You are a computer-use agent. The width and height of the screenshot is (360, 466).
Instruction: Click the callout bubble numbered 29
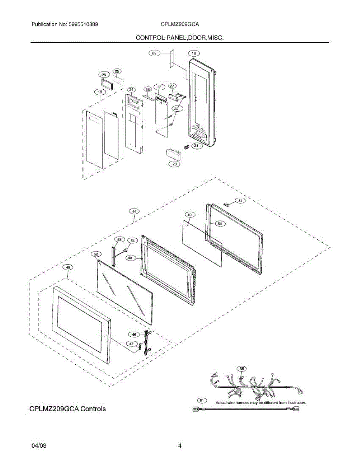pyautogui.click(x=154, y=53)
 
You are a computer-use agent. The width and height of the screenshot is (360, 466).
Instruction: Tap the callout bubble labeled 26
pyautogui.click(x=103, y=75)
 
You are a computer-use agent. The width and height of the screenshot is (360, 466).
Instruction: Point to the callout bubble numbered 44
pyautogui.click(x=134, y=211)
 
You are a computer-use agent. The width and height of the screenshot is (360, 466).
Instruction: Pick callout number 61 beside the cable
pyautogui.click(x=201, y=400)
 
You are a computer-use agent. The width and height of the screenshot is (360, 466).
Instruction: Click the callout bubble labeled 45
pyautogui.click(x=68, y=267)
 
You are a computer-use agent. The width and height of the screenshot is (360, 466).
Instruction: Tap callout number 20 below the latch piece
pyautogui.click(x=174, y=164)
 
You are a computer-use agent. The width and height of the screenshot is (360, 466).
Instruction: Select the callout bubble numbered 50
pyautogui.click(x=219, y=224)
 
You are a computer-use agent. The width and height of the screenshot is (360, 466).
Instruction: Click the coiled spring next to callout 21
pyautogui.click(x=186, y=147)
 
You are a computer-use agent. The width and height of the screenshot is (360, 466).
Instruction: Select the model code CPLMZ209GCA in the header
pyautogui.click(x=180, y=24)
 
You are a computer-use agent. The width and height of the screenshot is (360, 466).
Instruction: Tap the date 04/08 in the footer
pyautogui.click(x=39, y=446)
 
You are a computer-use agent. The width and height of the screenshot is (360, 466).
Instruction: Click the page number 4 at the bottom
pyautogui.click(x=179, y=446)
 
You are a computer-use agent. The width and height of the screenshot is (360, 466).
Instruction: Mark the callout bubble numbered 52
pyautogui.click(x=96, y=254)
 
